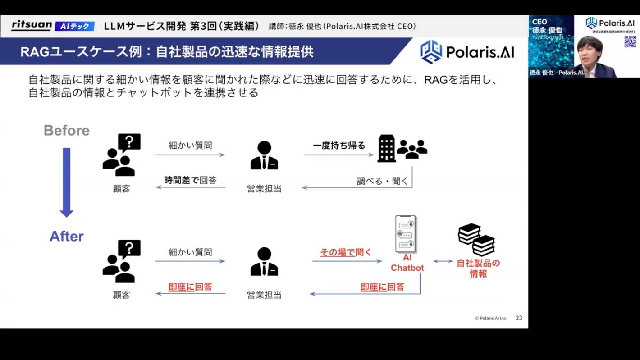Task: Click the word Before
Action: point(67,131)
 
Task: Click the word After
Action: point(67,236)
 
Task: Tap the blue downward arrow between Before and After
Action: point(67,182)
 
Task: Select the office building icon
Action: point(386,148)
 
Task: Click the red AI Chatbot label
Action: point(407,263)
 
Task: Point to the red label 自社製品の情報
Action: point(478,268)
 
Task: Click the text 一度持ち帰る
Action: point(339,146)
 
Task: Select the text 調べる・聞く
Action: point(382,181)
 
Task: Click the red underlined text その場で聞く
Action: point(346,252)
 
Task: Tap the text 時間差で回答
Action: point(190,180)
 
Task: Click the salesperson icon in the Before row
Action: point(264,155)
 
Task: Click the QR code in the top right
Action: point(630,41)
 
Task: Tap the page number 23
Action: point(519,318)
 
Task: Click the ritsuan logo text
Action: point(32,25)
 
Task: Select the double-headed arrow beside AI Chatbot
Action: point(443,261)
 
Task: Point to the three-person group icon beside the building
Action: point(411,149)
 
